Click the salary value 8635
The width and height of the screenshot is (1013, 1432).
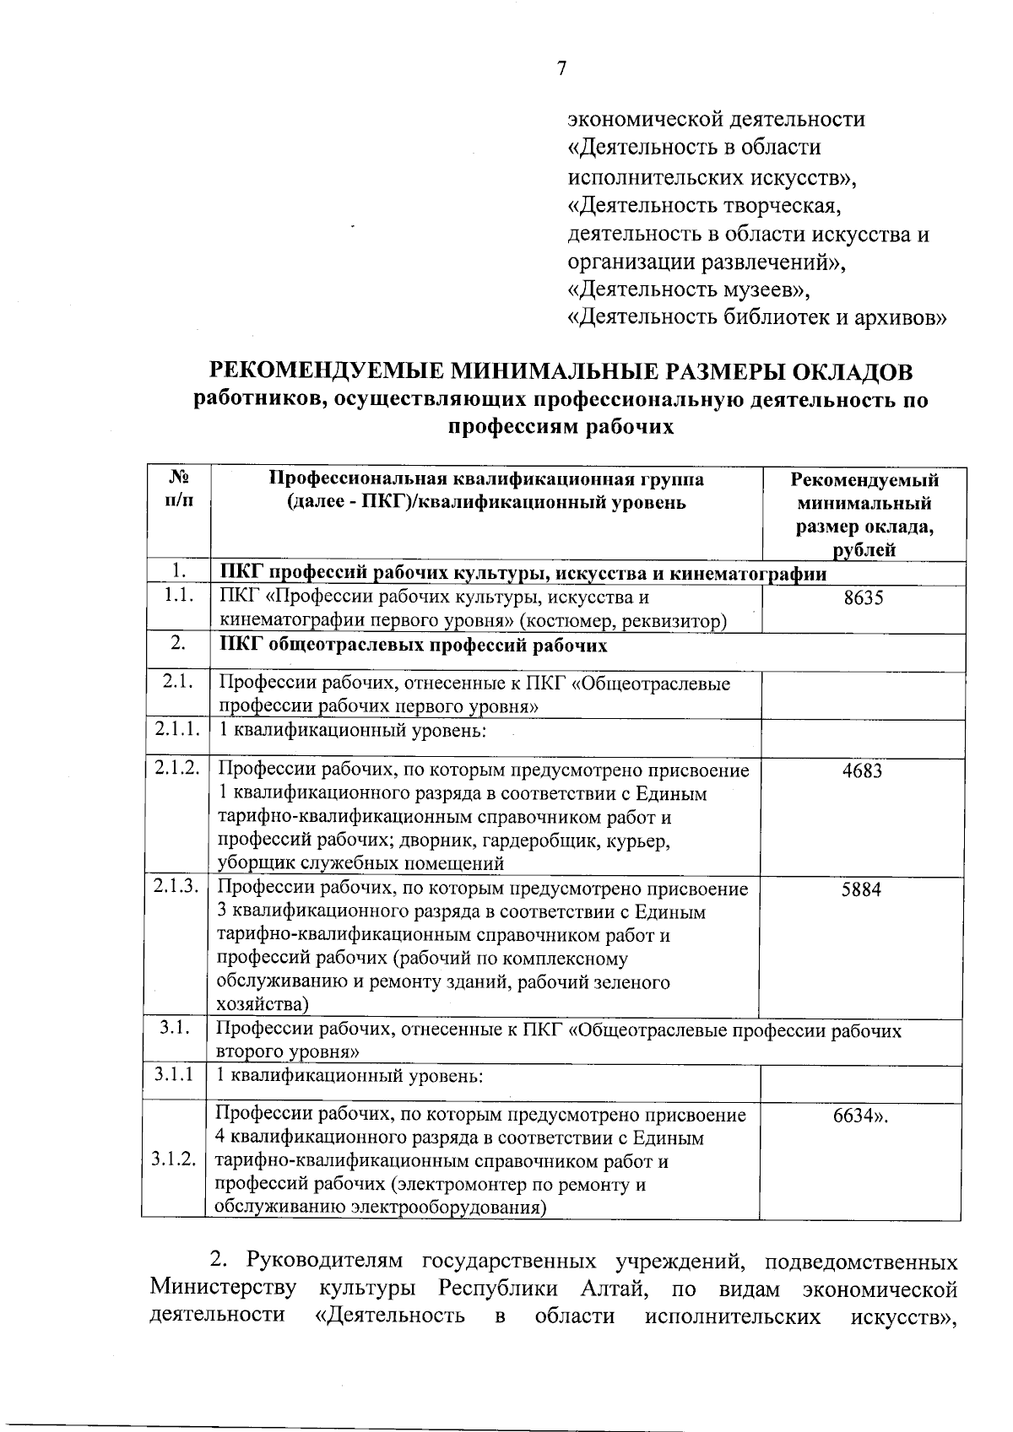pos(863,598)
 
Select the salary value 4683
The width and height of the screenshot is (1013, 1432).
pos(862,770)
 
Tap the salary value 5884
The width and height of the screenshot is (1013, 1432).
pos(861,889)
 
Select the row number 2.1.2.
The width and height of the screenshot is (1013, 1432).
pos(176,769)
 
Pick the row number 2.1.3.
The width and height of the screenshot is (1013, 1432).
pos(176,887)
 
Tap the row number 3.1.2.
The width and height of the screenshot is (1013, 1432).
pos(175,1160)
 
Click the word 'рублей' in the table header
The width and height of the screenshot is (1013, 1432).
pos(864,551)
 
